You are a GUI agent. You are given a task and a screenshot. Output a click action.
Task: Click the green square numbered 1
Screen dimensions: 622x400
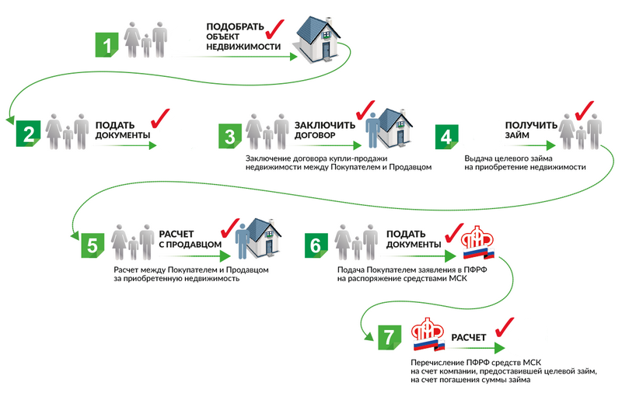pyautogui.click(x=107, y=45)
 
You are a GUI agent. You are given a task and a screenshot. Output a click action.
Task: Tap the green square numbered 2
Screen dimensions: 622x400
pyautogui.click(x=28, y=134)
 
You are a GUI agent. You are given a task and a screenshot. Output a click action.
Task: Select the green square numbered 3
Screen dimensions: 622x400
pyautogui.click(x=230, y=137)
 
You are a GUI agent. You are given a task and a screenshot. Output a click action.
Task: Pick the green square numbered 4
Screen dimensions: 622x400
pyautogui.click(x=446, y=137)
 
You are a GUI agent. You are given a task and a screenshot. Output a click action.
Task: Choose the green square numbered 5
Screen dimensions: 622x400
pyautogui.click(x=93, y=245)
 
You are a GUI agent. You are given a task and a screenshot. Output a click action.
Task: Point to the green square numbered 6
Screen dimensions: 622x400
pyautogui.click(x=316, y=245)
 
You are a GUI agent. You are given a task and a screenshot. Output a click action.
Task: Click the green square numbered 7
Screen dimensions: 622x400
pyautogui.click(x=390, y=337)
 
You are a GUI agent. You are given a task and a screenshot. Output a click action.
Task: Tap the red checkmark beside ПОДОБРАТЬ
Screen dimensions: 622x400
pyautogui.click(x=275, y=30)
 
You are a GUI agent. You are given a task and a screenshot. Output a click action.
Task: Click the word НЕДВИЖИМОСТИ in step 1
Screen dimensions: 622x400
pyautogui.click(x=243, y=47)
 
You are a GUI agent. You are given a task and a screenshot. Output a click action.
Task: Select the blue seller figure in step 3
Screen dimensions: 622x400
pyautogui.click(x=372, y=130)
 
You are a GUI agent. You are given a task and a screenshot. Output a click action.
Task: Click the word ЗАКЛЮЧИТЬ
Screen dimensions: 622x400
pyautogui.click(x=324, y=125)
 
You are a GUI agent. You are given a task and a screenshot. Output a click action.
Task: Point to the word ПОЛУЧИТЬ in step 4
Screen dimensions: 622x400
pyautogui.click(x=531, y=125)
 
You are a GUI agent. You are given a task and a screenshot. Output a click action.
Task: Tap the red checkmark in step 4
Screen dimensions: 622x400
pyautogui.click(x=584, y=110)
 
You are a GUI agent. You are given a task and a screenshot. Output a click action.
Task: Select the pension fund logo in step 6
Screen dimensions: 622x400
pyautogui.click(x=477, y=242)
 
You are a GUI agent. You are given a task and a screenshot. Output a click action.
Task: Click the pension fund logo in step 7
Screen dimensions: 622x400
pyautogui.click(x=428, y=335)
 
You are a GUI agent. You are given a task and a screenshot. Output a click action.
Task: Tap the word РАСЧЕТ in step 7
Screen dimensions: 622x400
pyautogui.click(x=469, y=337)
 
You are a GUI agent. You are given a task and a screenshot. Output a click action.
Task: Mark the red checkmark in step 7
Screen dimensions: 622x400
pyautogui.click(x=504, y=328)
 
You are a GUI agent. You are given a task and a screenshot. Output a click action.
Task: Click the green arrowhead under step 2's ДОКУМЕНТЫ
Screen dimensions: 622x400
pyautogui.click(x=152, y=145)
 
